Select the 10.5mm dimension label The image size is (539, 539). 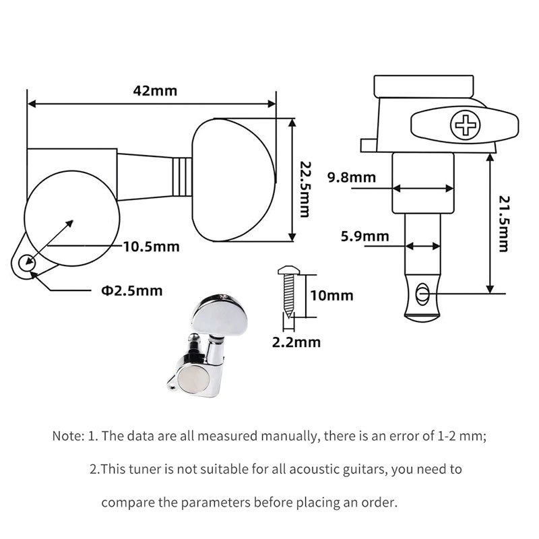click(152, 247)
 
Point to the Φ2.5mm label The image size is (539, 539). click(132, 291)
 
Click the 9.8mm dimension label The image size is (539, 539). click(350, 178)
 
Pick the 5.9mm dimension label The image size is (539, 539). click(365, 236)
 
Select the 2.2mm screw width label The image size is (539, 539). click(296, 342)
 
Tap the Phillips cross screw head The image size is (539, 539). click(465, 126)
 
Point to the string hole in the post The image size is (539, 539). click(423, 293)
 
